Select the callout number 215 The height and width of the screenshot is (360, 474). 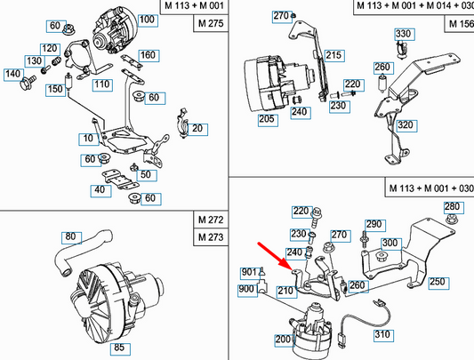[333, 55]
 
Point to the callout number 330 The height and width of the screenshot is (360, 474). [404, 35]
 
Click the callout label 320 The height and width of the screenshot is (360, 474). [405, 125]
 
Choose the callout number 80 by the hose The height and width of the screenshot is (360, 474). [69, 237]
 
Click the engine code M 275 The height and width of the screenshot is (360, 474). [209, 24]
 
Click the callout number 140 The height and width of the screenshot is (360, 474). [13, 74]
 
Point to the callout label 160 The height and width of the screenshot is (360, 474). [148, 56]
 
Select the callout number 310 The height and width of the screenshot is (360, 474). [382, 335]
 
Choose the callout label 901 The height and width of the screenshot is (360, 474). [248, 272]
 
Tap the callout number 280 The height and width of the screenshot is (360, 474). [453, 207]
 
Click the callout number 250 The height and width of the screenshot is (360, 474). [437, 283]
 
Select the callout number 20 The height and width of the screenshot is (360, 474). [197, 129]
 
